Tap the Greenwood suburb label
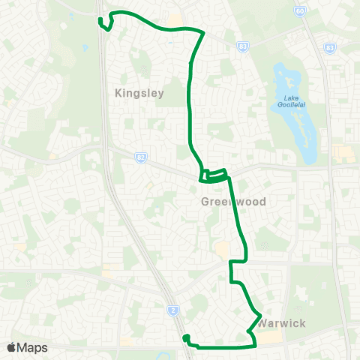[233, 202]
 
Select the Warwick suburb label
[280, 324]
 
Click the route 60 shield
[300, 11]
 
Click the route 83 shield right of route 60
[329, 47]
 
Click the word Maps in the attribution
[34, 347]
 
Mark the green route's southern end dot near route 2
[185, 338]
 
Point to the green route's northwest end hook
[103, 23]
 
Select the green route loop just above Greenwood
[213, 176]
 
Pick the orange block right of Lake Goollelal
[341, 153]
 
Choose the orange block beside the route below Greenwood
[222, 248]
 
